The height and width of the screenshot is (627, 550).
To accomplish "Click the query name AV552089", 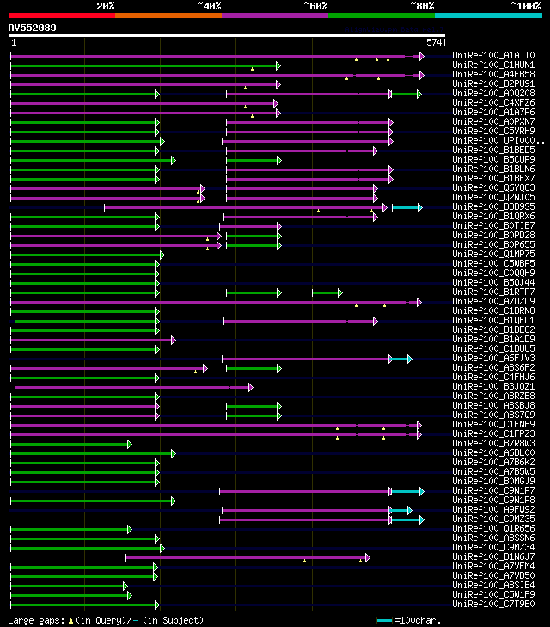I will [x=33, y=28].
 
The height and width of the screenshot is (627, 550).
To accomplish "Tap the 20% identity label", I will [x=105, y=6].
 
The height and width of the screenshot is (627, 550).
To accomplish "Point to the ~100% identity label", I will [x=524, y=6].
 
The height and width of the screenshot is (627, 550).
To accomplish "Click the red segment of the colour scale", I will [x=61, y=15].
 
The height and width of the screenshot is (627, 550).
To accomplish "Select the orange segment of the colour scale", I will [x=168, y=15].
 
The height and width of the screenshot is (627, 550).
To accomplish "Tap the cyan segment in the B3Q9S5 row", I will [x=406, y=207].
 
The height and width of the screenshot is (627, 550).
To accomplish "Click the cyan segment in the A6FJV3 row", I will [x=400, y=359].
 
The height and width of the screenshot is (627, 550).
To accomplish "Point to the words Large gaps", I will [x=35, y=620].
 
